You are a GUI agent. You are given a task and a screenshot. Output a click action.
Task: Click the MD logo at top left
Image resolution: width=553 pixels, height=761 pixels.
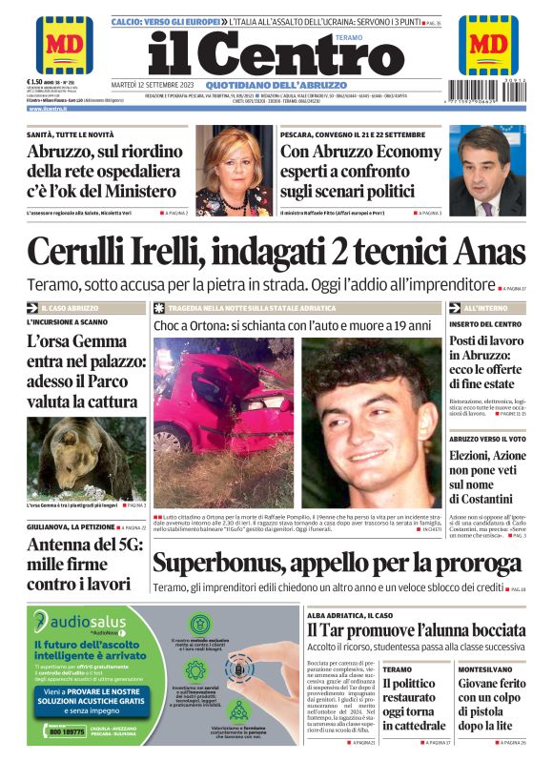pyautogui.click(x=64, y=44)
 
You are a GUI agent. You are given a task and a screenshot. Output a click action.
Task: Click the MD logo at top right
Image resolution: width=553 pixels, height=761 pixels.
pyautogui.click(x=488, y=44)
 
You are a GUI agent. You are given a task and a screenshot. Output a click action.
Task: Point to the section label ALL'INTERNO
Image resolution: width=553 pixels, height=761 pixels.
pyautogui.click(x=485, y=309)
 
